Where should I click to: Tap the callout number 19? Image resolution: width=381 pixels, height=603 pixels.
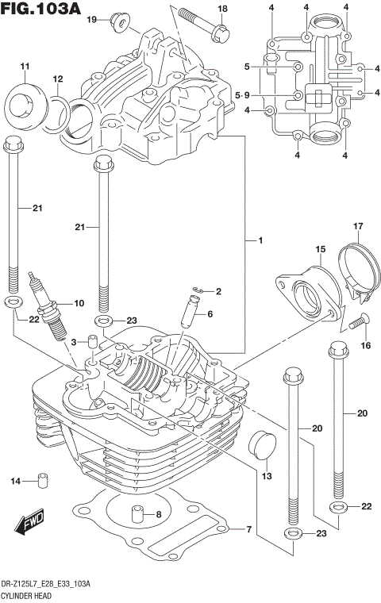[x=92, y=19]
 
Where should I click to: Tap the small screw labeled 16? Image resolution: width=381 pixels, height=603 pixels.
[x=356, y=322]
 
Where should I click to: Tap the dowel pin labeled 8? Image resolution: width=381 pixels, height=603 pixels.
[x=137, y=516]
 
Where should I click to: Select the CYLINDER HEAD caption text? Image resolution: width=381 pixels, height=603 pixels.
[x=28, y=593]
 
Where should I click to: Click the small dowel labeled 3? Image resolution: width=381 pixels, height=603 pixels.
[x=92, y=344]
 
